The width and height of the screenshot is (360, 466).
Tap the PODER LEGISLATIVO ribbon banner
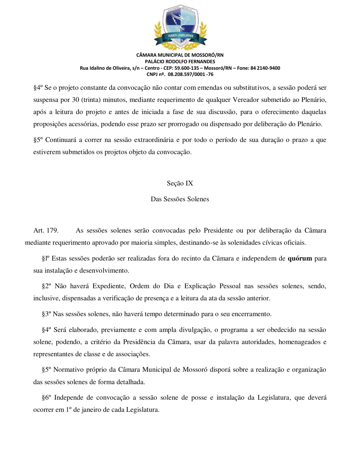180,36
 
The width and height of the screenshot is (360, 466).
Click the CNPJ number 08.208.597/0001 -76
191,74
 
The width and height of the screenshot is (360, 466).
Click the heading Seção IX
180,183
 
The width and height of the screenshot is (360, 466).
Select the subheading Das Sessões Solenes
180,199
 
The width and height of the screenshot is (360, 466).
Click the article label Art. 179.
46,230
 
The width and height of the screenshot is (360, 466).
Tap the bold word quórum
300,258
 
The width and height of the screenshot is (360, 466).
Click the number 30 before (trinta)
75,100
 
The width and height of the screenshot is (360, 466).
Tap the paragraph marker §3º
47,314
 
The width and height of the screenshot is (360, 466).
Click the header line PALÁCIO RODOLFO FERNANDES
180,61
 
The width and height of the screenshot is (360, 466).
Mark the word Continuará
61,140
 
